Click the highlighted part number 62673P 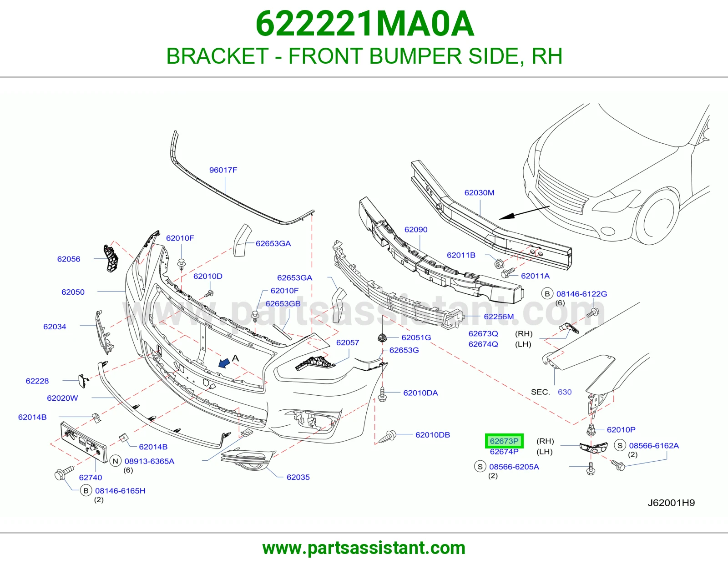pyautogui.click(x=504, y=441)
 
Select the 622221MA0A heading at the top pyautogui.click(x=364, y=24)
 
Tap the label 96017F pyautogui.click(x=223, y=170)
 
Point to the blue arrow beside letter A pyautogui.click(x=224, y=363)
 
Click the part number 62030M pyautogui.click(x=479, y=192)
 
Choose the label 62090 pyautogui.click(x=416, y=229)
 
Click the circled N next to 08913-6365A pyautogui.click(x=116, y=461)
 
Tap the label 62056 pyautogui.click(x=69, y=259)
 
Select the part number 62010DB pyautogui.click(x=433, y=435)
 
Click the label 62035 pyautogui.click(x=298, y=477)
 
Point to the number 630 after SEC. pyautogui.click(x=565, y=392)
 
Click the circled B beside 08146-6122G pyautogui.click(x=547, y=294)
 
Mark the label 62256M pyautogui.click(x=499, y=317)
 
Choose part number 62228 pyautogui.click(x=37, y=381)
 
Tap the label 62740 pyautogui.click(x=91, y=478)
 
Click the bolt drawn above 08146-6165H pyautogui.click(x=64, y=473)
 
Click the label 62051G pyautogui.click(x=416, y=337)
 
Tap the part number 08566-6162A pyautogui.click(x=654, y=445)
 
